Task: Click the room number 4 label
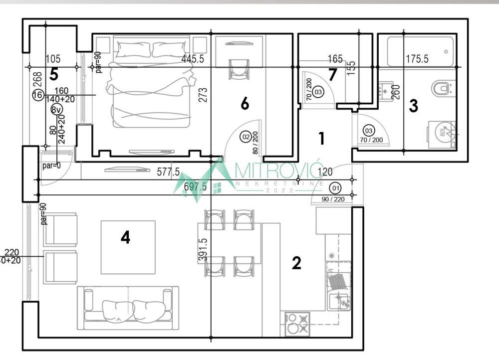click(x=125, y=238)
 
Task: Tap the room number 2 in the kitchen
click(x=296, y=263)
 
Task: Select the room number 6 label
click(x=245, y=104)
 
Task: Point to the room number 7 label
click(x=333, y=74)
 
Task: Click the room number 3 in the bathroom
click(x=413, y=106)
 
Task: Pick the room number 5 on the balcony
click(x=53, y=74)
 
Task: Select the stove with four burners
click(x=297, y=324)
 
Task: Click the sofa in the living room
click(x=128, y=308)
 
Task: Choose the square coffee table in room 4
click(x=128, y=247)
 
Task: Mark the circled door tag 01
click(x=335, y=188)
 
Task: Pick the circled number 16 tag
click(x=37, y=95)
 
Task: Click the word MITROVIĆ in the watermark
click(x=279, y=172)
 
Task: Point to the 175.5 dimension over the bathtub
click(x=417, y=59)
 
